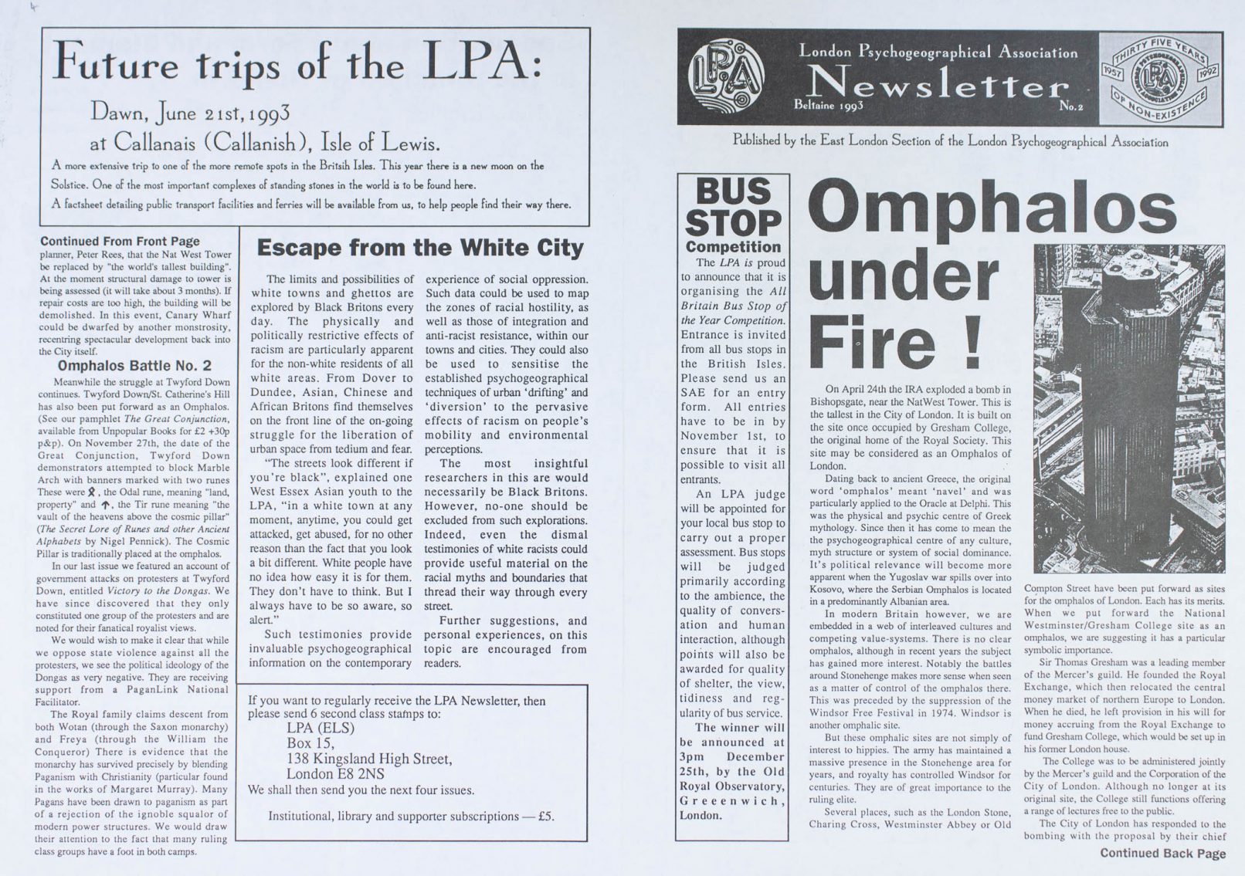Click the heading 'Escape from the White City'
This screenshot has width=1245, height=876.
(x=419, y=248)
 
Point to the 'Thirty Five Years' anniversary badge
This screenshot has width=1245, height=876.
(x=1160, y=78)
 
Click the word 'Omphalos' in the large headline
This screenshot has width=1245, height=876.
(x=992, y=208)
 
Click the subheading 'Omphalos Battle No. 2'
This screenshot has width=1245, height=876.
(x=134, y=365)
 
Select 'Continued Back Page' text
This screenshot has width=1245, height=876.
(x=1162, y=853)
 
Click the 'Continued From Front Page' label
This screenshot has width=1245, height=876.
(x=120, y=242)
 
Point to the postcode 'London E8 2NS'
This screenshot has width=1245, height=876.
(x=335, y=774)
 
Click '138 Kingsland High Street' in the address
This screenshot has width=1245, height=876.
(x=369, y=759)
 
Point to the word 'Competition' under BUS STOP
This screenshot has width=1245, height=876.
(x=733, y=247)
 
